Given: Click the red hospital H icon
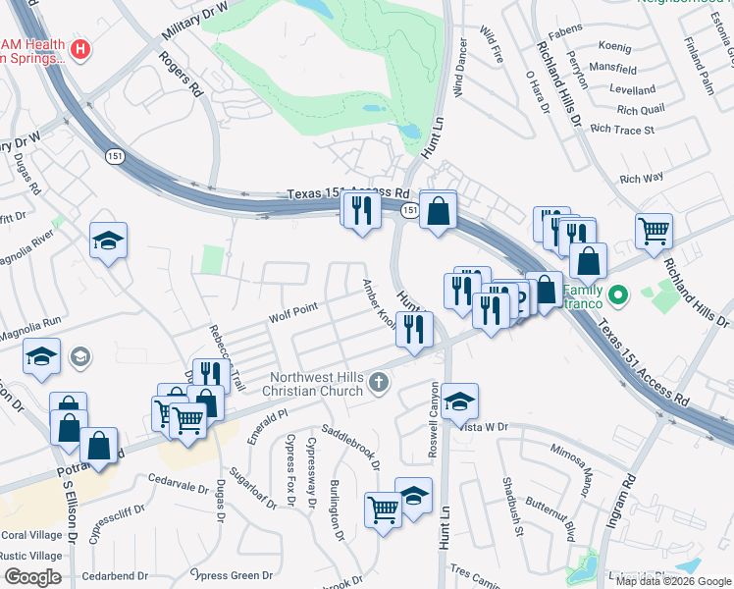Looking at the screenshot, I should (81, 47).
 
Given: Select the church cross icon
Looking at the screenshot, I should (380, 384).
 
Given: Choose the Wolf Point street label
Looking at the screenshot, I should (293, 313).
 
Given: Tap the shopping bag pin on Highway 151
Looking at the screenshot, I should (439, 210).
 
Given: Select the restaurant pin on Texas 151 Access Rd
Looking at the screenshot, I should (360, 211).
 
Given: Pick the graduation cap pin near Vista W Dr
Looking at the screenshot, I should (459, 401).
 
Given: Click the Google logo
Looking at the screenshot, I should (32, 577).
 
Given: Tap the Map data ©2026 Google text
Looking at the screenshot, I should (672, 581).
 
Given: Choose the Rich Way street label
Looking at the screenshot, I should (642, 179).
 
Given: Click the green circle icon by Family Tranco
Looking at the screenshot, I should (617, 294).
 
